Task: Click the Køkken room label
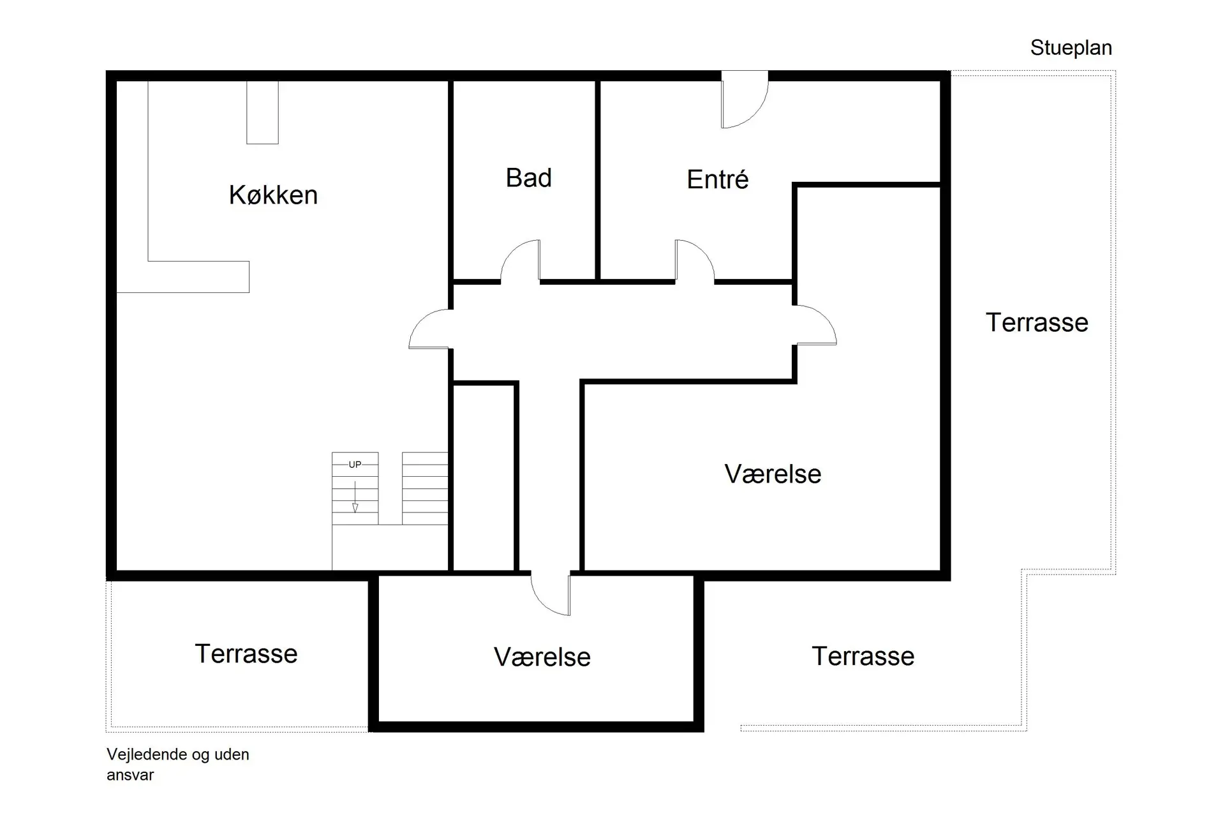click(273, 195)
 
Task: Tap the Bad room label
click(528, 178)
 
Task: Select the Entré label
click(717, 180)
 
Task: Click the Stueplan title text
click(1071, 48)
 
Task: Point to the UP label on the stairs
click(355, 465)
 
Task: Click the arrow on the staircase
click(355, 498)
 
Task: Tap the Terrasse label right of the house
click(1037, 322)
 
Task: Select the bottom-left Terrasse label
click(246, 654)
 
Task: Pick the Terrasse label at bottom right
click(863, 656)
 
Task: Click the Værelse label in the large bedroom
click(773, 474)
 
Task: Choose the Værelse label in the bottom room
click(542, 657)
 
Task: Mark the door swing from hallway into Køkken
click(430, 329)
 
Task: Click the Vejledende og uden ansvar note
click(177, 764)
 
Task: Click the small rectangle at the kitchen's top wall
click(262, 112)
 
